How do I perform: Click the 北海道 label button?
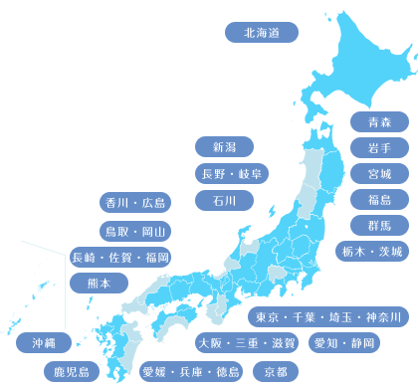(262, 32)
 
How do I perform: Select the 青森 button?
(379, 121)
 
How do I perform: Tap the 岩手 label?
(379, 147)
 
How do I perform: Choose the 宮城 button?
(379, 173)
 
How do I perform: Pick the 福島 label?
(379, 199)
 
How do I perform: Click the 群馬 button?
(379, 225)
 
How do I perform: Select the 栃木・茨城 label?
(370, 251)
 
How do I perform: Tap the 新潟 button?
(224, 147)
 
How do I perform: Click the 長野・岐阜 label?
(231, 174)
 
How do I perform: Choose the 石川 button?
(224, 200)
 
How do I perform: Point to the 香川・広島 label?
(135, 203)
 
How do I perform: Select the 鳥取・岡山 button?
(135, 231)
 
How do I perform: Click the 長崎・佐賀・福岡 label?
(120, 258)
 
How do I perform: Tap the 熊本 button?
(100, 283)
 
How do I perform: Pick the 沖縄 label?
(43, 342)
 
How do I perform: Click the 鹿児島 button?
(72, 372)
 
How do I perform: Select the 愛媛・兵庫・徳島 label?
(191, 372)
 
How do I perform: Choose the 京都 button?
(276, 372)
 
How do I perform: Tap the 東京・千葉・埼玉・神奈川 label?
(327, 317)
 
